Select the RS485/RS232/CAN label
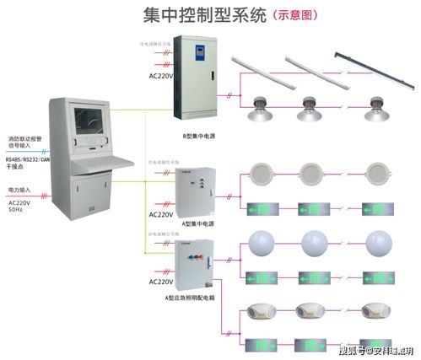(26, 160)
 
